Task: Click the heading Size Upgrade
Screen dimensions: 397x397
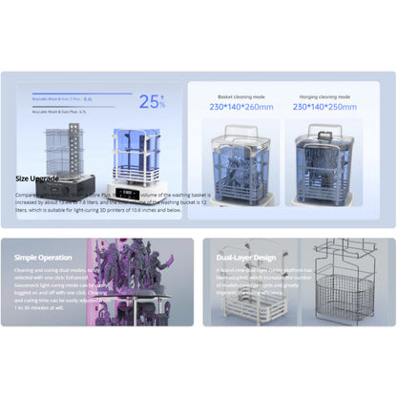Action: (36, 178)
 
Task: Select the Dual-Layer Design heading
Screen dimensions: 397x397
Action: (245, 257)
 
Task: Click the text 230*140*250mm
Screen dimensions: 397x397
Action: (324, 107)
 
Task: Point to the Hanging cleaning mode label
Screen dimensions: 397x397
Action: (324, 95)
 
